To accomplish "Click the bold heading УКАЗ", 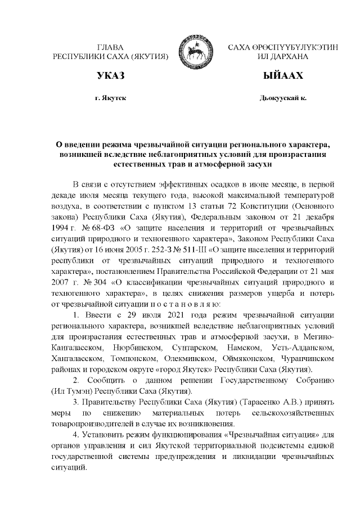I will click(110, 75).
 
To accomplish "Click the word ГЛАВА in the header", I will click(110, 47).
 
